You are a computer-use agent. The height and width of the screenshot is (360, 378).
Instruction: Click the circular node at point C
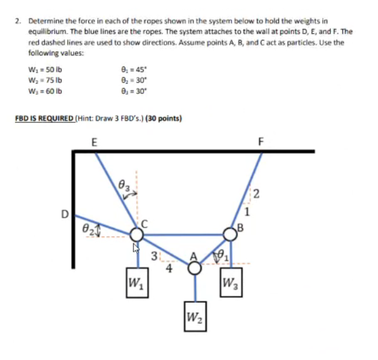(x=136, y=235)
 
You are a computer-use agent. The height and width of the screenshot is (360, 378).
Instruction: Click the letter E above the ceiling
(x=94, y=142)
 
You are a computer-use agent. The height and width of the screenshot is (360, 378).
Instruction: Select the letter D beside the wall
(x=64, y=214)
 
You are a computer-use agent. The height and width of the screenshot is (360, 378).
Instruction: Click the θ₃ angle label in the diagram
(x=124, y=184)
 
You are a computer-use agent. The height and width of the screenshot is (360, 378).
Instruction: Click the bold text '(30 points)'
(x=164, y=118)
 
